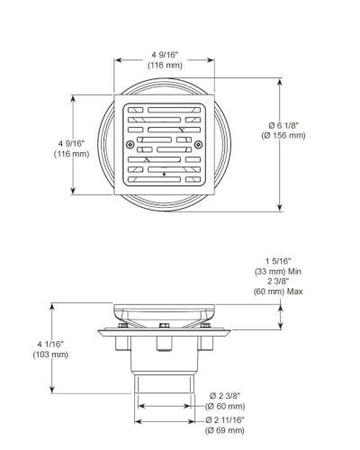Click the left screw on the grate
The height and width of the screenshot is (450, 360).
tap(130, 144)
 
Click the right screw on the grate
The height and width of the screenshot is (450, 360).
tap(198, 144)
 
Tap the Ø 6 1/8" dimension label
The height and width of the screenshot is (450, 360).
tap(283, 125)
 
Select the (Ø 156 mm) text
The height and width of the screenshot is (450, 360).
tap(283, 136)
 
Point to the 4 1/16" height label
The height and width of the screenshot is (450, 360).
tap(50, 344)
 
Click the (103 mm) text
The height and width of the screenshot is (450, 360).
tap(50, 355)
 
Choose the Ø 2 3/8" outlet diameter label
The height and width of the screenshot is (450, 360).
tap(225, 396)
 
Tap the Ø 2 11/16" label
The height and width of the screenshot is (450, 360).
tap(225, 420)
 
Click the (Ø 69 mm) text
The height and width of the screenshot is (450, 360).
tap(225, 430)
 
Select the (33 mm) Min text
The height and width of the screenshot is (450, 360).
tap(278, 272)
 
